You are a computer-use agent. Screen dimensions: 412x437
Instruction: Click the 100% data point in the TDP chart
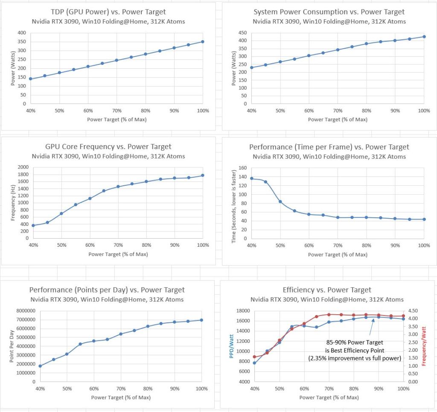click(x=203, y=42)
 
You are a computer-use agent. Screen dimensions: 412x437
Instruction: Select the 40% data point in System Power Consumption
click(x=252, y=67)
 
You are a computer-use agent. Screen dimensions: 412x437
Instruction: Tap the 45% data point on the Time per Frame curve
click(x=266, y=182)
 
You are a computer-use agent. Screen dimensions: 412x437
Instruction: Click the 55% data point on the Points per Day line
click(x=80, y=344)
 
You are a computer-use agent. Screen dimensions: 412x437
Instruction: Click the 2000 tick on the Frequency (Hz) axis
click(x=23, y=167)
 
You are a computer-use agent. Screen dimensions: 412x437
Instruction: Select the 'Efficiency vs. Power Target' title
click(x=327, y=290)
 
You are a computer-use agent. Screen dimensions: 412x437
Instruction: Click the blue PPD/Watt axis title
click(x=232, y=346)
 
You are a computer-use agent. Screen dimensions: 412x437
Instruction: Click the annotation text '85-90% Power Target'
click(x=354, y=342)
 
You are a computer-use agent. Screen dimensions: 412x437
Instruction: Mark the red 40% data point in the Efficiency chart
click(x=254, y=357)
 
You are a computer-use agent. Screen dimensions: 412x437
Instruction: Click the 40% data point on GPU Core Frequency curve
click(x=33, y=225)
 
